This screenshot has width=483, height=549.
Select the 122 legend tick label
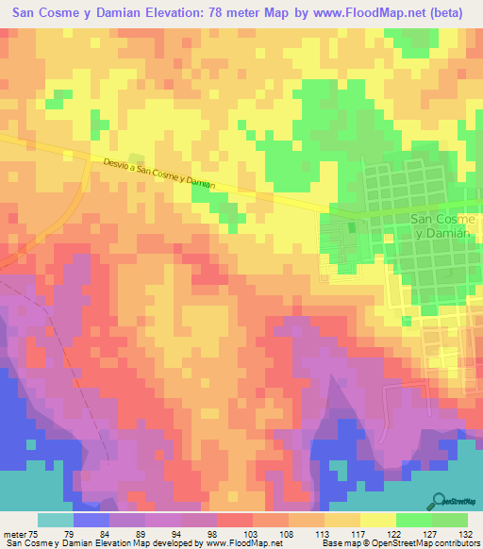coord(377,533)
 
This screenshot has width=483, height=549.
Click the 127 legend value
coord(413,533)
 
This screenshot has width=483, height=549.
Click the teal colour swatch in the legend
coord(56,520)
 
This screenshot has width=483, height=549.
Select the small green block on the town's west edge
coord(353,227)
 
